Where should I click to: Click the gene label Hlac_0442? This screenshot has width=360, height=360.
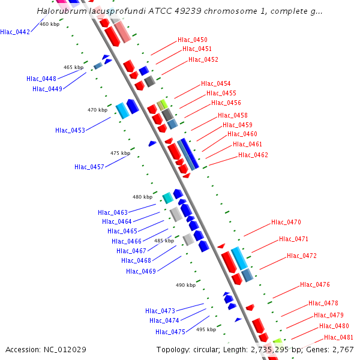pos(15,32)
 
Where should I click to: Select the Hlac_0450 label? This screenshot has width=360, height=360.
pos(193,40)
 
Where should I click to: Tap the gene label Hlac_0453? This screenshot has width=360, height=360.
pos(70,130)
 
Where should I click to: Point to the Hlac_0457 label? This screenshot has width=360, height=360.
pos(89,166)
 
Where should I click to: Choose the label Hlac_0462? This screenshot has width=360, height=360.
pos(253,155)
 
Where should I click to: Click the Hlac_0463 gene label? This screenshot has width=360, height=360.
pos(113,212)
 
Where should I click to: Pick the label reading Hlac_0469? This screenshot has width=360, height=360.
pos(141,271)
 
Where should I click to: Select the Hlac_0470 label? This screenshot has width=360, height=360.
pos(286,222)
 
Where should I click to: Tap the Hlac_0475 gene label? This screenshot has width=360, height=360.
pos(170,332)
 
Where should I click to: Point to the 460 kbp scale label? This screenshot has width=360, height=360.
pos(49,24)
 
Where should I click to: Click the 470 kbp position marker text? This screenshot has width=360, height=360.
pos(97,110)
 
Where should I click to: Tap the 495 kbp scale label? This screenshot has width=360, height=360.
pos(206,329)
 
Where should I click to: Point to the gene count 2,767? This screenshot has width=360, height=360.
pos(341,349)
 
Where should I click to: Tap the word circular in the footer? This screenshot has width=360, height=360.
pos(206,349)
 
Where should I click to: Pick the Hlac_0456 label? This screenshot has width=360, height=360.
pos(226,103)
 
